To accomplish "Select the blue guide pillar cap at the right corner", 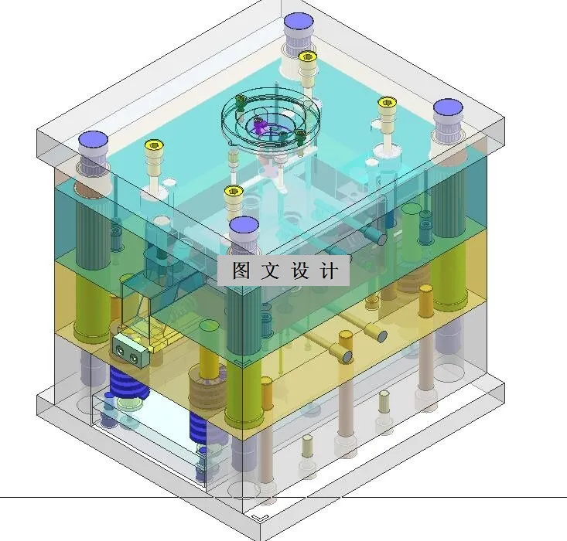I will click(x=447, y=108).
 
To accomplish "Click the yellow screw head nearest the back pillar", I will click(x=308, y=56).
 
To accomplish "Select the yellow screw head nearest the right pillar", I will click(x=386, y=102).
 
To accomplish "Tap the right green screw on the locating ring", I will click(x=300, y=138).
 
